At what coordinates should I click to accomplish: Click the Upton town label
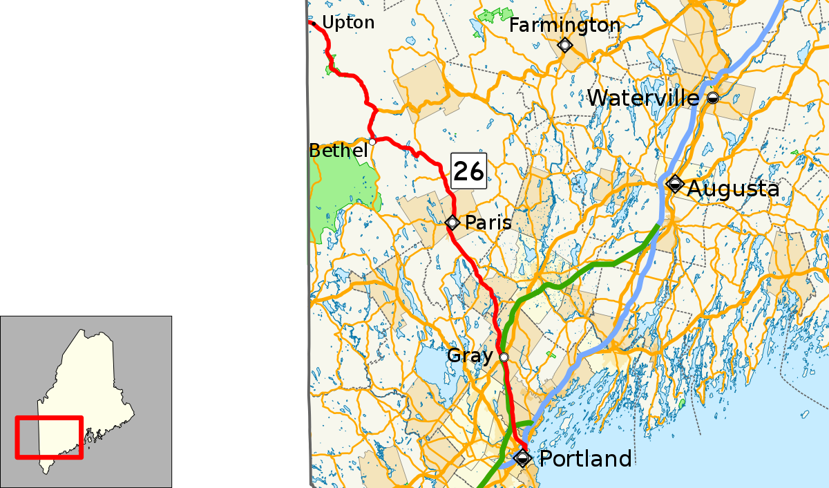348,23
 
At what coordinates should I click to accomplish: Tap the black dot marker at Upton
314,24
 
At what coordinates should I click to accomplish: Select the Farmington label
564,26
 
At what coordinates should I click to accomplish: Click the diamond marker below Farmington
565,46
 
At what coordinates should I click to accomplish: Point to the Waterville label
643,97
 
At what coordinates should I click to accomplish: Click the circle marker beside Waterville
712,98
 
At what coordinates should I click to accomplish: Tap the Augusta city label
733,188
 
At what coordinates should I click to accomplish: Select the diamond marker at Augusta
675,185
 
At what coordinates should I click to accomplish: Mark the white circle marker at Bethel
372,142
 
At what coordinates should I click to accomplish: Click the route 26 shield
469,171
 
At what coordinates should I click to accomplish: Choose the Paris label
488,223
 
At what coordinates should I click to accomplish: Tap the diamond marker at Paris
452,223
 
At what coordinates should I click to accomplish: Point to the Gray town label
470,356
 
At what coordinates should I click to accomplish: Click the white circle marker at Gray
504,357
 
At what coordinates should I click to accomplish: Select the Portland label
584,458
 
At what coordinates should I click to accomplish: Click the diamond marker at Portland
522,458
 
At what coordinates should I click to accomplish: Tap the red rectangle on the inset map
49,417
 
